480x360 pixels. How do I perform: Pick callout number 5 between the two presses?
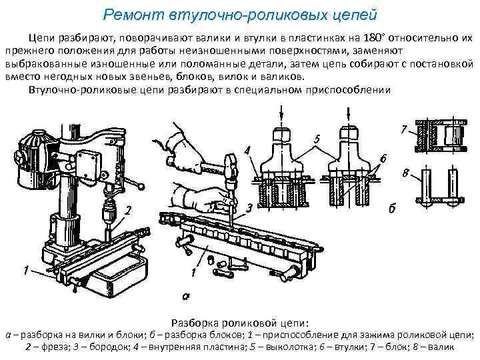(x=318, y=139)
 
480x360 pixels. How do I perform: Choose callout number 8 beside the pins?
(x=406, y=175)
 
